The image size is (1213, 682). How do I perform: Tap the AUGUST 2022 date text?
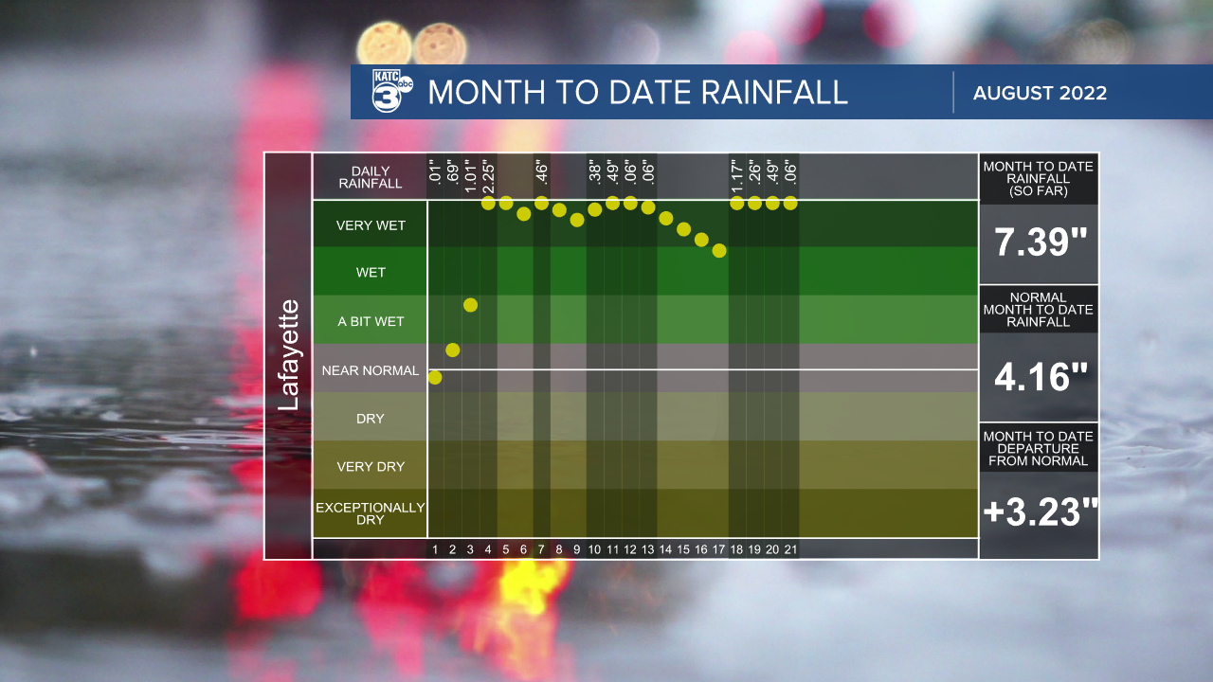[x=1040, y=93]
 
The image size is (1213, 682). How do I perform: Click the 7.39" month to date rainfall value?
[x=1040, y=243]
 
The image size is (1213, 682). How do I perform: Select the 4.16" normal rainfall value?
[x=1040, y=378]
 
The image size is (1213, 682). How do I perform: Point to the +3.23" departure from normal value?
[x=1040, y=512]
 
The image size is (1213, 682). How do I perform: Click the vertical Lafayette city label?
[x=288, y=355]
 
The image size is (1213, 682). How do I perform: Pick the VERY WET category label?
[x=371, y=225]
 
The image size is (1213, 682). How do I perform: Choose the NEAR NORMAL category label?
[x=371, y=370]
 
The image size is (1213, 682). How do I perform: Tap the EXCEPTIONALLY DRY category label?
[x=371, y=513]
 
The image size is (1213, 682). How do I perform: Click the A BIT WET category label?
[x=371, y=321]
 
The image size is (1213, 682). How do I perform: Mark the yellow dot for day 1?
[x=435, y=378]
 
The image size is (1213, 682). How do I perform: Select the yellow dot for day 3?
[x=470, y=305]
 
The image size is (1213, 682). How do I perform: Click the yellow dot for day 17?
[x=719, y=251]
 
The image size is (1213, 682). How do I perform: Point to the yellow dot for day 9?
[x=577, y=221]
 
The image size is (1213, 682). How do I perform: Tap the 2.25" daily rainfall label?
[x=488, y=176]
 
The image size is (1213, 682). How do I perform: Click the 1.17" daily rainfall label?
[x=736, y=176]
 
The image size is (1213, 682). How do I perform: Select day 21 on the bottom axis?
[x=790, y=549]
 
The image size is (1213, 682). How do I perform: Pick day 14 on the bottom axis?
[x=665, y=549]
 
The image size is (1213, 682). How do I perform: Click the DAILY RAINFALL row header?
[x=371, y=177]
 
